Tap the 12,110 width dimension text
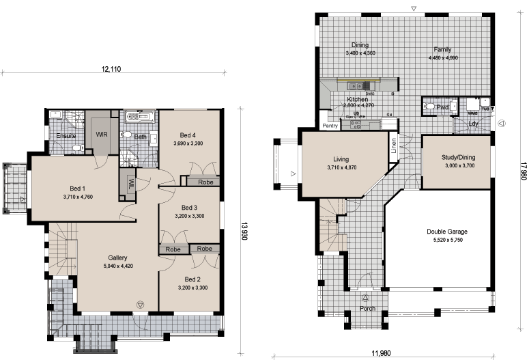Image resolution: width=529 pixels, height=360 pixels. (113, 69)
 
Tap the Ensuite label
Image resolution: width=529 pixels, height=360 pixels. (66, 135)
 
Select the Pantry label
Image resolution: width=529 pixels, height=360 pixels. (331, 126)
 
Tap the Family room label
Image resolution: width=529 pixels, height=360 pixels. (444, 50)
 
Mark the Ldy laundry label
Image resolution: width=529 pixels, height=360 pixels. (473, 124)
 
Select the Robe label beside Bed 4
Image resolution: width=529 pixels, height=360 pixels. (204, 182)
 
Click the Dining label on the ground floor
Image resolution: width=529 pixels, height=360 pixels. (360, 45)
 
